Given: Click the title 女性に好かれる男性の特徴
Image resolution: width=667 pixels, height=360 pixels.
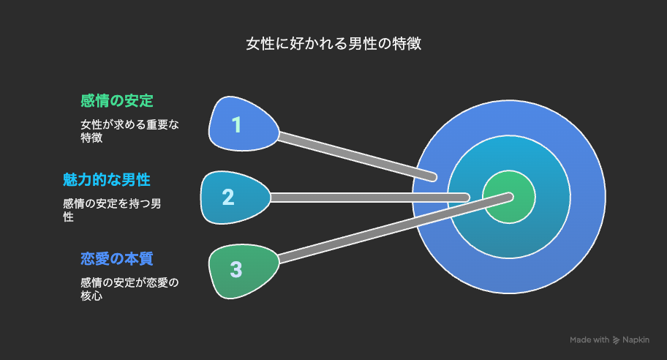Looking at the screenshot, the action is click(333, 43).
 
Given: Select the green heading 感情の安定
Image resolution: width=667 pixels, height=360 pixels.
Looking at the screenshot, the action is click(117, 101).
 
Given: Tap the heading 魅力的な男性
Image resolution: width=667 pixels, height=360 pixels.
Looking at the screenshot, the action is click(106, 179).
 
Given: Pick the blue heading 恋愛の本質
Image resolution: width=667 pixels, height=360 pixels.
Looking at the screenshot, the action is click(117, 259).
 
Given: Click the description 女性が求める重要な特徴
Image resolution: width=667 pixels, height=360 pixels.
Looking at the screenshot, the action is click(129, 131).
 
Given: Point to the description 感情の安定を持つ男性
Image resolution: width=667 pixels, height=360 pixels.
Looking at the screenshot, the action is click(112, 210).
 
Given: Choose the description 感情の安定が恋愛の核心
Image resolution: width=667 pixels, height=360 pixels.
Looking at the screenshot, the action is click(129, 289).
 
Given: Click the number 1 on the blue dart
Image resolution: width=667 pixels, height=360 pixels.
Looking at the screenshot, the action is click(236, 124).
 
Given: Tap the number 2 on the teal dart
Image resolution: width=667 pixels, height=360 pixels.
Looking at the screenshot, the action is click(228, 197).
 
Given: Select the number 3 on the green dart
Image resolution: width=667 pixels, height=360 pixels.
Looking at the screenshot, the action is click(236, 269).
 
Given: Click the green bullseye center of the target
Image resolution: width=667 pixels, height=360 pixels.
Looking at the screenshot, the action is click(509, 197).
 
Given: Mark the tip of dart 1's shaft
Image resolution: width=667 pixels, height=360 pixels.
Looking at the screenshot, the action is click(434, 177).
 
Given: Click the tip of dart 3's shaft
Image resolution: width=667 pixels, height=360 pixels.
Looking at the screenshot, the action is click(510, 197).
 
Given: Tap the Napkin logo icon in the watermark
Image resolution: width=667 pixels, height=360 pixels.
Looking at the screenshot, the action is click(616, 340).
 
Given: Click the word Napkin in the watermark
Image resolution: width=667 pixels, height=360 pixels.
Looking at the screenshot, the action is click(636, 340).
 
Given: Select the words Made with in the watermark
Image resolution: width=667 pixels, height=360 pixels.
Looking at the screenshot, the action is click(589, 340).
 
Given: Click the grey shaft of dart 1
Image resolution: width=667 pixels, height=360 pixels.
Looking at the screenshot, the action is click(356, 156).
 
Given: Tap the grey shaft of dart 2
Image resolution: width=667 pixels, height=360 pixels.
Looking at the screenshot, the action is click(369, 198).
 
